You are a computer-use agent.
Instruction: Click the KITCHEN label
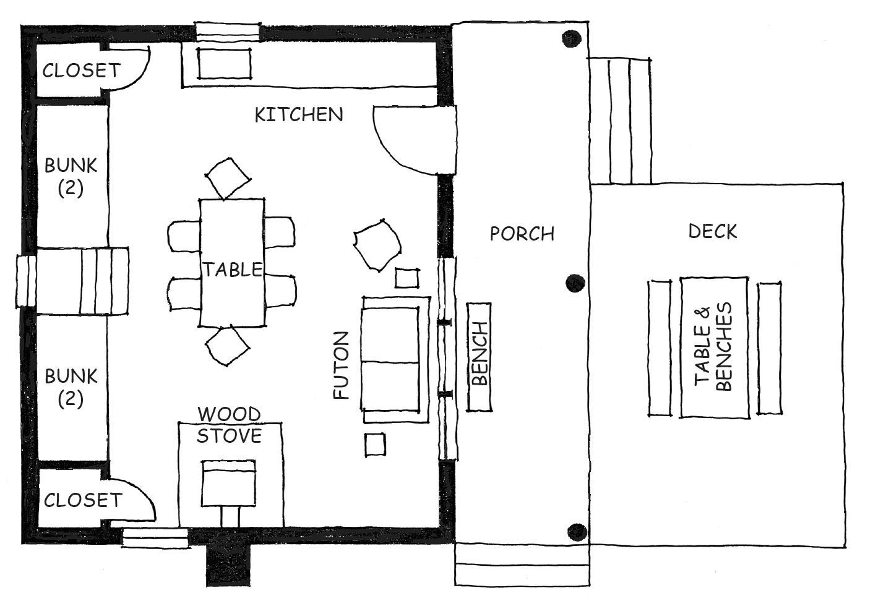coord(299,114)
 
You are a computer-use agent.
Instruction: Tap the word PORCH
coord(522,234)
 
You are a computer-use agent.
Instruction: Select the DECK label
coord(712,231)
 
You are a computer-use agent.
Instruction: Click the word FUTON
coord(341,365)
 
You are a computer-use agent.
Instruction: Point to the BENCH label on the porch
coord(480,353)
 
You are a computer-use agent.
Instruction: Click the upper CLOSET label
coord(82,70)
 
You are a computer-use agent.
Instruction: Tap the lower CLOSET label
coord(83,500)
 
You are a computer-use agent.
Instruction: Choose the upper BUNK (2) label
coord(71,177)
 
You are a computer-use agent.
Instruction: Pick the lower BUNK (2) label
coord(71,388)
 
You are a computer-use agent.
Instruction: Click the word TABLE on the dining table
coord(233,270)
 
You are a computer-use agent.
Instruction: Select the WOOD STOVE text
coord(229,425)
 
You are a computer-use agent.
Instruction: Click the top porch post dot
coord(572,38)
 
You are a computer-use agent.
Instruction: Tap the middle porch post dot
coord(575,283)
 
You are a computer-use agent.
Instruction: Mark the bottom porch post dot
coord(577,532)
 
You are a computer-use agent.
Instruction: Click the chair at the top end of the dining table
coord(228,178)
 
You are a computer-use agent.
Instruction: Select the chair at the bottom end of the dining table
coord(228,346)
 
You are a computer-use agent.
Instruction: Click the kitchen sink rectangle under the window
coord(224,64)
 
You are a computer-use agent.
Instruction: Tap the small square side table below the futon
coord(376,445)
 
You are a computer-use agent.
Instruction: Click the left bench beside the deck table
coord(660,348)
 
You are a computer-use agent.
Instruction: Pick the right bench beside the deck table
coord(769,348)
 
